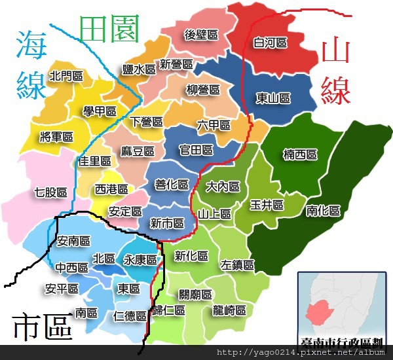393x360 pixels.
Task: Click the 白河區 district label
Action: coord(271,43)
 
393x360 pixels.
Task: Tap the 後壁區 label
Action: coord(201,34)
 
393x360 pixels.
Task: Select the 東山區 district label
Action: coord(273,98)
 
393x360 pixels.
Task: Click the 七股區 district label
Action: coord(51,192)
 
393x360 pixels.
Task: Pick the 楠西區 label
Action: coord(300,154)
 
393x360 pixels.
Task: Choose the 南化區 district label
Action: coord(324,211)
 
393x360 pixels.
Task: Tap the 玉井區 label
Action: coord(267,205)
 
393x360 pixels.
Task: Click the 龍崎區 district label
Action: coord(229,310)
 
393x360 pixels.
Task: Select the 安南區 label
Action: coord(73,241)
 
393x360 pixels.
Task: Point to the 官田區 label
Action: coord(196,150)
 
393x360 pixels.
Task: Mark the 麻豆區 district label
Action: coord(138,151)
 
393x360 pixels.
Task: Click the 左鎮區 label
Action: coord(237,265)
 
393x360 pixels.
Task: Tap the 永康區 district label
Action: coord(140,259)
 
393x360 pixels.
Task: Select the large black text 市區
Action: coord(43,326)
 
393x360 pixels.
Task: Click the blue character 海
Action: coord(31,45)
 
